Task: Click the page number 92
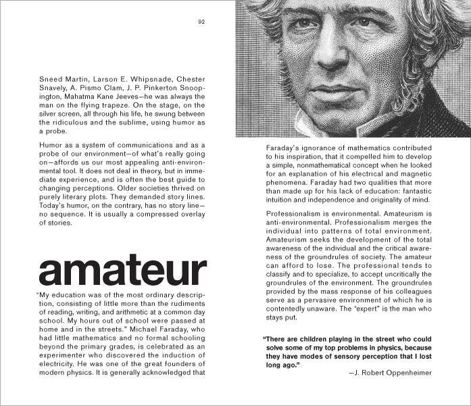point(201,22)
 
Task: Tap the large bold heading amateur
point(122,271)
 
